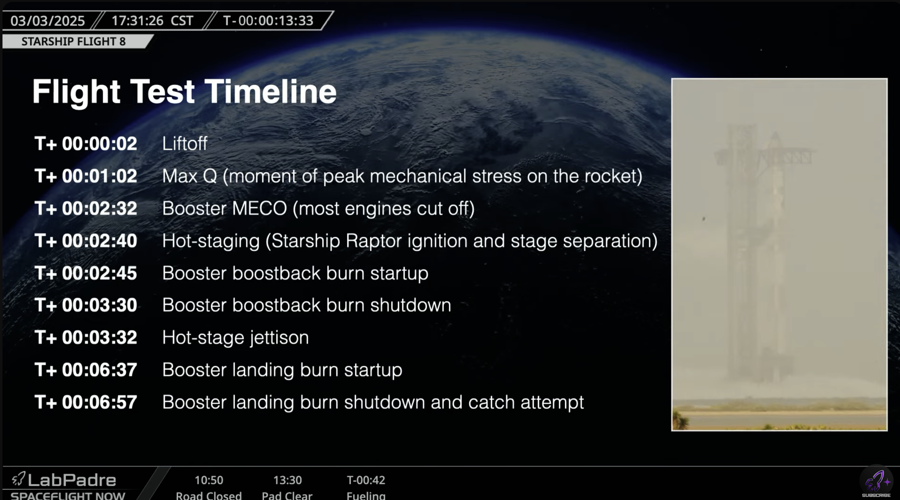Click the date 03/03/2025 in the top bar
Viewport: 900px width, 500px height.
[x=47, y=21]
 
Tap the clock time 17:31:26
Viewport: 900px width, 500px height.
[x=137, y=21]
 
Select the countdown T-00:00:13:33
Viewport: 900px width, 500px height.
[x=268, y=21]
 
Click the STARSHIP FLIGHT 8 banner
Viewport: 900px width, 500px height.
[x=73, y=42]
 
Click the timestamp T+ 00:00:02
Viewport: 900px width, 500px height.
[x=86, y=144]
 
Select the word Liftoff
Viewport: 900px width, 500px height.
[x=185, y=144]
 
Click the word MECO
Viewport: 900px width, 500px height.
[x=259, y=208]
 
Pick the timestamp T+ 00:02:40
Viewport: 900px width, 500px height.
[x=86, y=241]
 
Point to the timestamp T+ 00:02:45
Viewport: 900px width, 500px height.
[x=86, y=273]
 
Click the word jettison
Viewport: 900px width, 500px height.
[x=279, y=338]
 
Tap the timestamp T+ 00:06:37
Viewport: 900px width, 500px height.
[x=86, y=370]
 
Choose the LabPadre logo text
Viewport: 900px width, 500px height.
[x=72, y=480]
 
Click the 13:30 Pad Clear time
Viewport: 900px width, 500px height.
[x=287, y=480]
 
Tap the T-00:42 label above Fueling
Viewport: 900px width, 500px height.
[x=366, y=480]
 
